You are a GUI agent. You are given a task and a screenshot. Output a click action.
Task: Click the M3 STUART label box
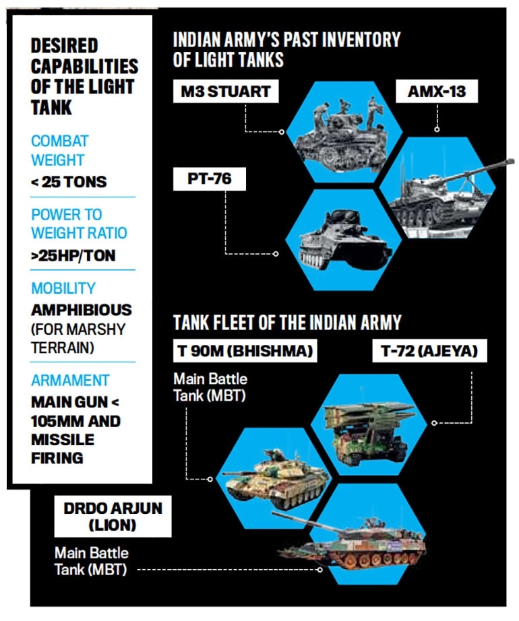click(226, 92)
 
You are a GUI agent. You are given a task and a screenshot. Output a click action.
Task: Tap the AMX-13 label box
click(436, 92)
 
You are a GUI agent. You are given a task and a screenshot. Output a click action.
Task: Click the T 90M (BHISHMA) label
click(243, 352)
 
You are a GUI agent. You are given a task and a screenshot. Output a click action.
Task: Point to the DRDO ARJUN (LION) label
click(109, 517)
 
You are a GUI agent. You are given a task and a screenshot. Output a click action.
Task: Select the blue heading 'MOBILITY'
click(63, 288)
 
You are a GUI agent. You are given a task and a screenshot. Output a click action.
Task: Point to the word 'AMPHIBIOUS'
click(81, 311)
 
